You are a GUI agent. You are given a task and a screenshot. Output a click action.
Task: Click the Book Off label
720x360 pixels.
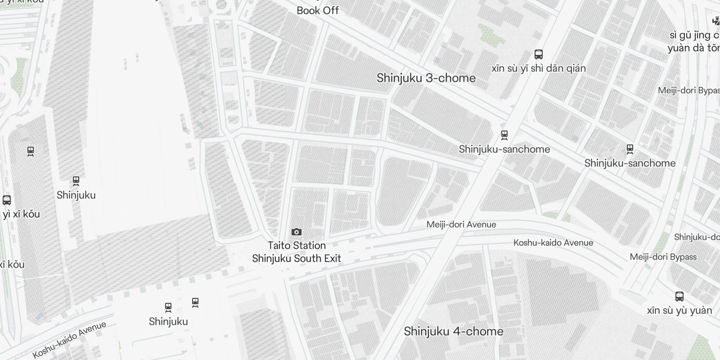[x=317, y=10]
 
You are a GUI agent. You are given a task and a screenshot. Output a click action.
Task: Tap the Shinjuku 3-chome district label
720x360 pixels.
[x=426, y=78]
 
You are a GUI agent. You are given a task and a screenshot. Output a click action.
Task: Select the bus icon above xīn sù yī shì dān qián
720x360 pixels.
[x=538, y=54]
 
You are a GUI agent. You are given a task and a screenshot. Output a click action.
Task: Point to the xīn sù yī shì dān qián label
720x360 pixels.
[x=538, y=68]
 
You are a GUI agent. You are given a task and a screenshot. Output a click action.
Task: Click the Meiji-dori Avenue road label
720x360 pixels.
[x=461, y=225]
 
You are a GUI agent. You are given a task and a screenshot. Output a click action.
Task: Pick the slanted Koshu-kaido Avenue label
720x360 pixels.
[x=69, y=340]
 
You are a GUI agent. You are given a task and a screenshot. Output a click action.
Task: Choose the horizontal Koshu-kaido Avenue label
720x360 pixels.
[x=553, y=243]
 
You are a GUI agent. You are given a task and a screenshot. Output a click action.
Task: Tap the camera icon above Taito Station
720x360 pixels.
[x=297, y=232]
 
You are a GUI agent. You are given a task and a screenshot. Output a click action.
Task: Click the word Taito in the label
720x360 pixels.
[x=279, y=246]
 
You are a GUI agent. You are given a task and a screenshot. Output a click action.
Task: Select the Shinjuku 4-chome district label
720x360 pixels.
[x=453, y=332]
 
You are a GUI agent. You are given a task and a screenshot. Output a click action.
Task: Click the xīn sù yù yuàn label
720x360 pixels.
[x=679, y=310]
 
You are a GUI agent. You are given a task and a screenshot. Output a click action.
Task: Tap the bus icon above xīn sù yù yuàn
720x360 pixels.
[x=679, y=297]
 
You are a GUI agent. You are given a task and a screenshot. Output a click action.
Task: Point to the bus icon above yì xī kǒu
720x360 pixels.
[x=7, y=200]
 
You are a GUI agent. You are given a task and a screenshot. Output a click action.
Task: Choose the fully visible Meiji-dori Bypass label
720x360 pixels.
[x=663, y=257]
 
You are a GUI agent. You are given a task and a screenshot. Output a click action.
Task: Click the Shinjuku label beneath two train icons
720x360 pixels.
[x=168, y=322]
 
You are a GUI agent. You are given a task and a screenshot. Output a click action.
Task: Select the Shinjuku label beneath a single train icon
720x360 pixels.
[x=76, y=195]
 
